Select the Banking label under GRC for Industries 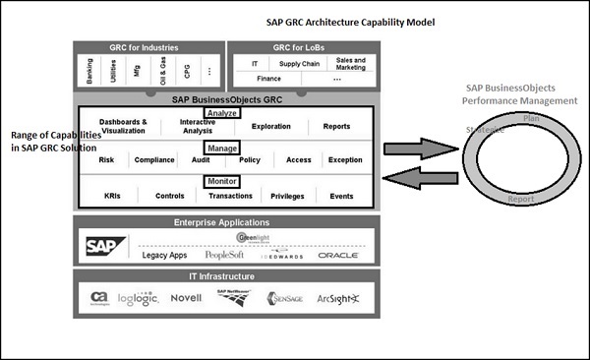click(x=90, y=71)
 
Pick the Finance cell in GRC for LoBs click(x=268, y=78)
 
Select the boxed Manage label click(x=221, y=147)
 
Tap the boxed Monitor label click(x=221, y=181)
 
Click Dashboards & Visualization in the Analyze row click(x=123, y=126)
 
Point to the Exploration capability click(x=270, y=127)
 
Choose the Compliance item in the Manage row click(x=154, y=159)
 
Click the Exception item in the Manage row click(x=345, y=159)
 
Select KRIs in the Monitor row click(x=112, y=196)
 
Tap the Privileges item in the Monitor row click(x=288, y=196)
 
